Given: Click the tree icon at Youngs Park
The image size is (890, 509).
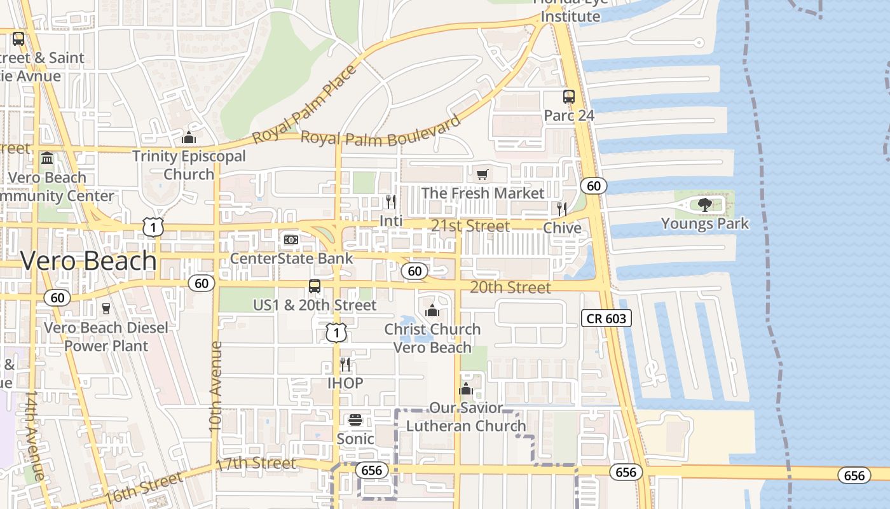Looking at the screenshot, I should coord(704,204).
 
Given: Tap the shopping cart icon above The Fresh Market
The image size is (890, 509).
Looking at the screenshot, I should coord(483,174).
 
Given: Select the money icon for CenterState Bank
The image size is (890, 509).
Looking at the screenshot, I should coord(291,239).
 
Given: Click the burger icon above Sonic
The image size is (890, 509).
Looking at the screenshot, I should coord(355,420).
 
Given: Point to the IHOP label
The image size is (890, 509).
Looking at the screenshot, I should coord(345,383).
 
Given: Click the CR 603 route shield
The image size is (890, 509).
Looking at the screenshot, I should coord(606,318).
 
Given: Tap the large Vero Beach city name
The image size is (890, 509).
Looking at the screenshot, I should coord(88,261).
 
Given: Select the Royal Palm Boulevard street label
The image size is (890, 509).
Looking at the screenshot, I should coord(380,132).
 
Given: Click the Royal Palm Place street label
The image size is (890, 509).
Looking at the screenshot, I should coord(305,105).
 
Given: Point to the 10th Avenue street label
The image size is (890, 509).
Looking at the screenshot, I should coord(216,386).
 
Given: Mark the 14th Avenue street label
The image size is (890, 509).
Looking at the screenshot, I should coord(34,436).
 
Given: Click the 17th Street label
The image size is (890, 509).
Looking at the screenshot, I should coord(256,464).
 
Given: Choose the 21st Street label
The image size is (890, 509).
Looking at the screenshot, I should coord(470,226).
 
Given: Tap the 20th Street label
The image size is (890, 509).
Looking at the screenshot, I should coord(510,288).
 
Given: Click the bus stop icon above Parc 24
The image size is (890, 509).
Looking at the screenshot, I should coord(569,97).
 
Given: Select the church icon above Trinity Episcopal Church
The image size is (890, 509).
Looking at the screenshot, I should coord(189,137).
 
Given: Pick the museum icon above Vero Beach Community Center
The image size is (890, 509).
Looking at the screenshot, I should coord(47,158).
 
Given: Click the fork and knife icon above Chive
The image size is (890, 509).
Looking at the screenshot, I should coord(561,209).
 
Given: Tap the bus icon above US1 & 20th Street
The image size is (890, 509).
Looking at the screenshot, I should coord(315,286).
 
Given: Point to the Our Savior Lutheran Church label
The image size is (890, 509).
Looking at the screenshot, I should coord(466,417).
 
